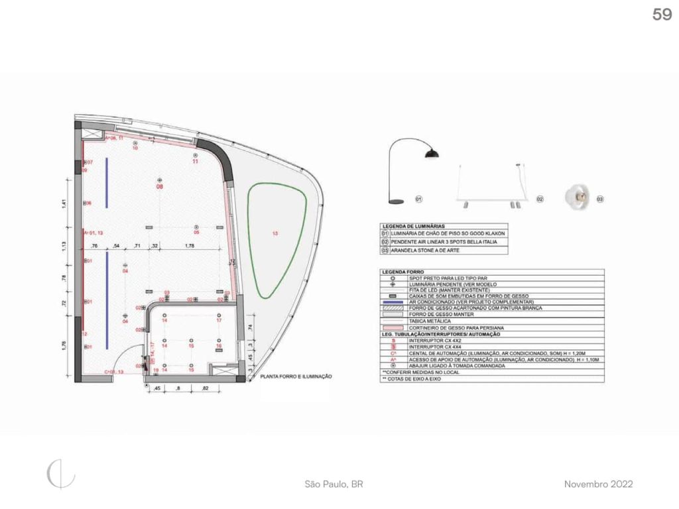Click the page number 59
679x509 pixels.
[x=662, y=15]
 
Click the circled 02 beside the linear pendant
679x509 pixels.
[x=540, y=199]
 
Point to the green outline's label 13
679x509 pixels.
[x=275, y=233]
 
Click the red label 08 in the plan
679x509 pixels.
[x=159, y=188]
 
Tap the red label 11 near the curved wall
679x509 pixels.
[x=196, y=162]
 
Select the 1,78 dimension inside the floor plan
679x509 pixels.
[x=190, y=247]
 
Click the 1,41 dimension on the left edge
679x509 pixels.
[x=65, y=204]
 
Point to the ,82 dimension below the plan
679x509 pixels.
[x=206, y=388]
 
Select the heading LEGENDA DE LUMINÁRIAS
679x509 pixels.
[x=413, y=226]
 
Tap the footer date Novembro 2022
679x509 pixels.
[x=598, y=484]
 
